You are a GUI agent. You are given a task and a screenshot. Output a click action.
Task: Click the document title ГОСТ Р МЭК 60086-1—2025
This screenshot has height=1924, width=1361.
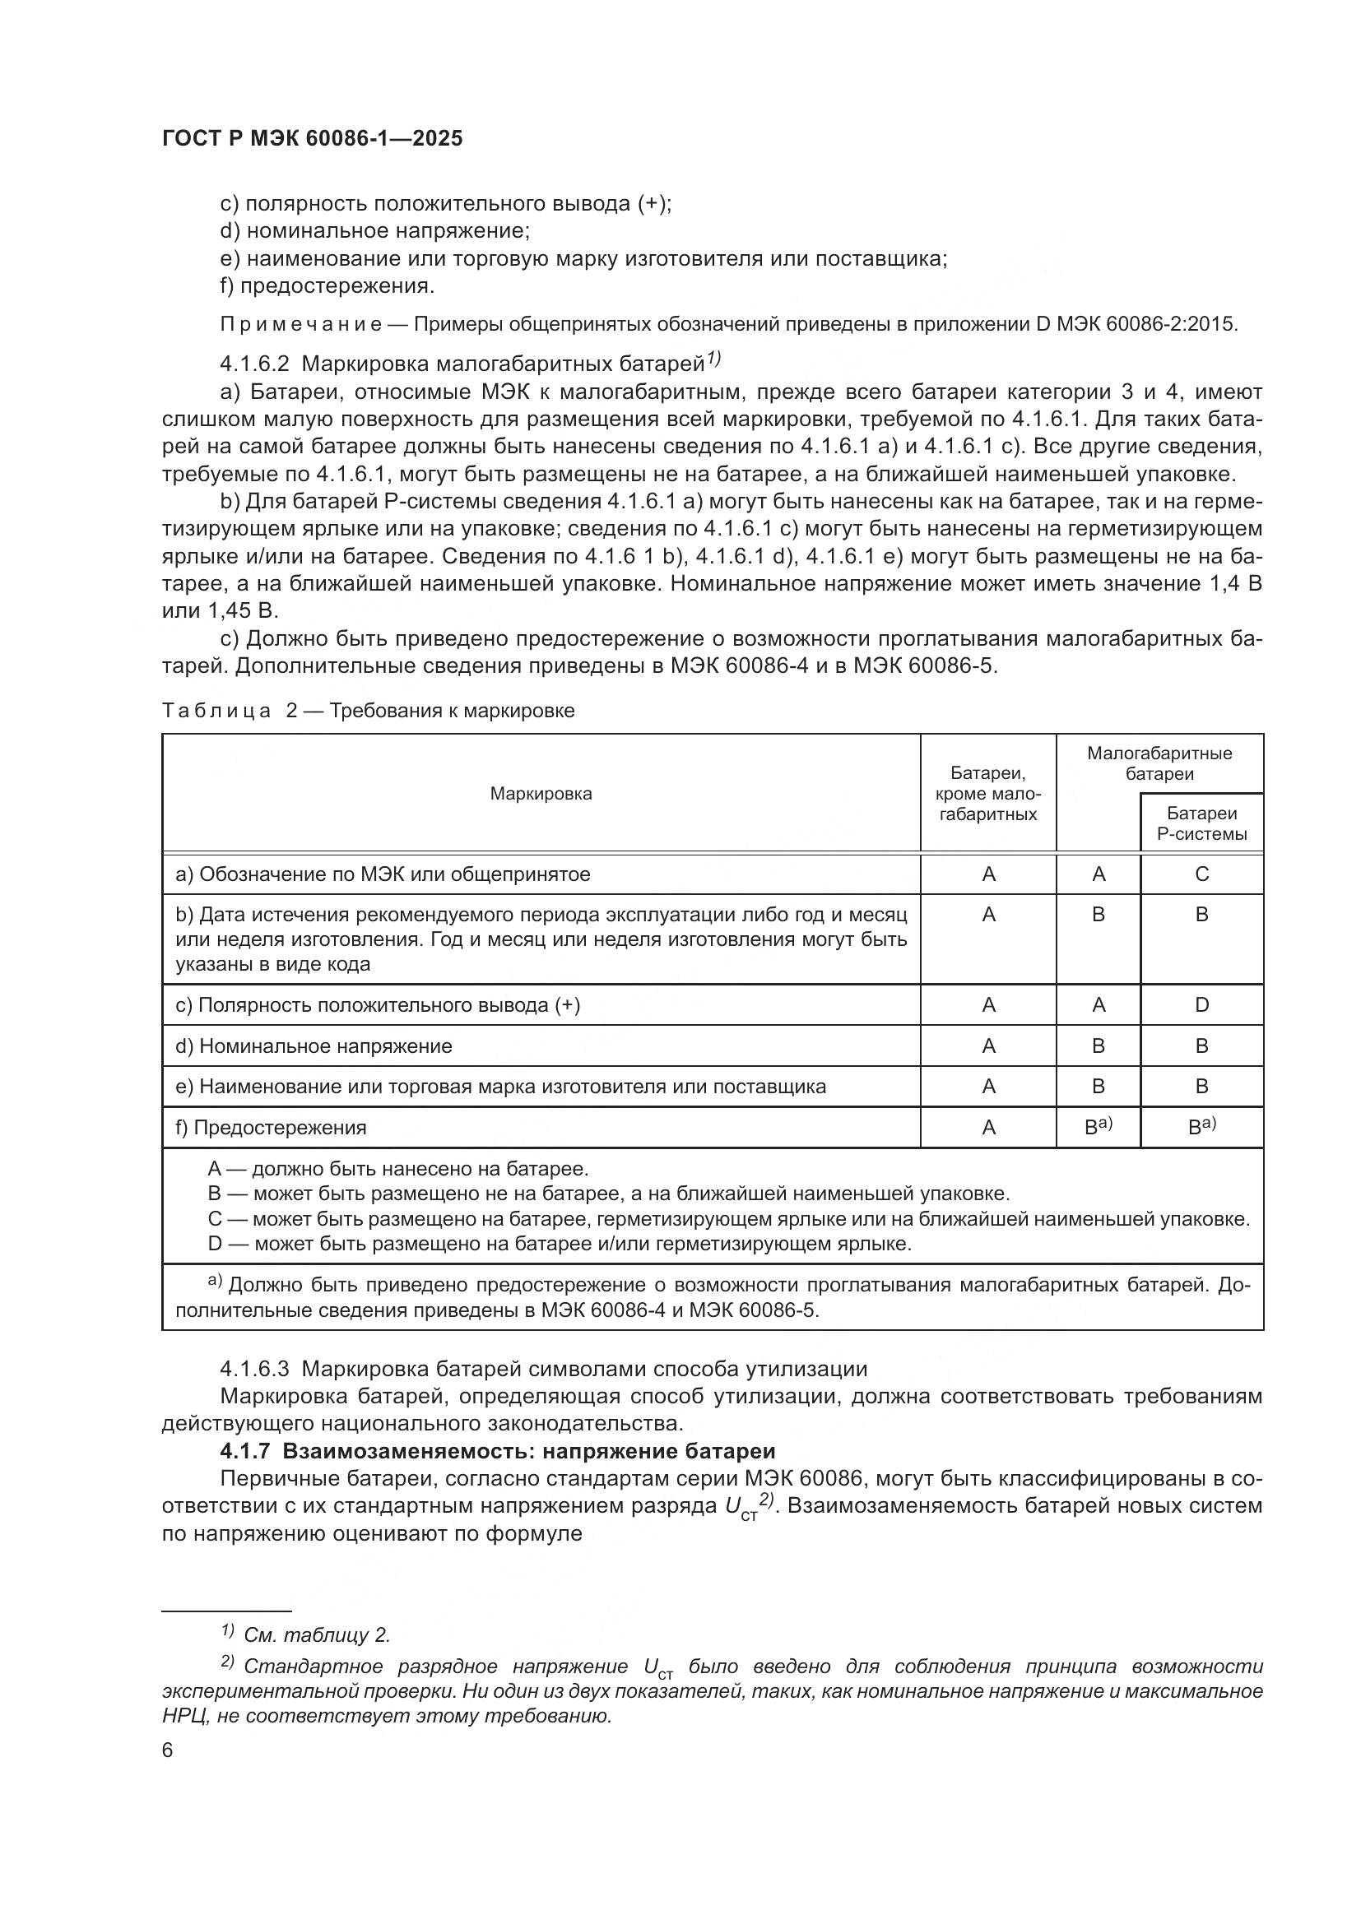[312, 139]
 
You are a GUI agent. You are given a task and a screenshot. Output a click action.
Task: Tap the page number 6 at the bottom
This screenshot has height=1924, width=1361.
[168, 1750]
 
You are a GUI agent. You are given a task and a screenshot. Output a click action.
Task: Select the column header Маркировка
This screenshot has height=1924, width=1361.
[541, 794]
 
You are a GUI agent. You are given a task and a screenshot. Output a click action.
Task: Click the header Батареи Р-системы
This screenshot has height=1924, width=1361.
[1201, 823]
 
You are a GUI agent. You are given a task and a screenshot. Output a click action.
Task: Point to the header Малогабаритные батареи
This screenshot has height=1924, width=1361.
[1159, 763]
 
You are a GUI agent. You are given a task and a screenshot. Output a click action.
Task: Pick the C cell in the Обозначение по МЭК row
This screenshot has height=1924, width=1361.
[1201, 874]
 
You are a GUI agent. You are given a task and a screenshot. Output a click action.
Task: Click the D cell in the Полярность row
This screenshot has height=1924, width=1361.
[1201, 1004]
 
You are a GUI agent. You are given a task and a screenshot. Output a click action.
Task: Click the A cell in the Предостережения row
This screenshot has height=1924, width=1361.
[988, 1127]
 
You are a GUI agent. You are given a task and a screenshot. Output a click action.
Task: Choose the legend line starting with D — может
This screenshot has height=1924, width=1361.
[559, 1244]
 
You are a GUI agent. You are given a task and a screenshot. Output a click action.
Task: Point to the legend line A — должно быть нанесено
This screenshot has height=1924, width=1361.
[398, 1168]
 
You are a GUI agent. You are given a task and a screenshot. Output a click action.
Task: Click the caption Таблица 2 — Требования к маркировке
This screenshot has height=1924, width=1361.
[368, 711]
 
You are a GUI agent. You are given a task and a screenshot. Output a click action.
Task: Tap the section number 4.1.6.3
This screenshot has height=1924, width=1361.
[255, 1370]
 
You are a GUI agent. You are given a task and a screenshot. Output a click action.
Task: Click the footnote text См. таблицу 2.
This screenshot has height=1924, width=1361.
[317, 1635]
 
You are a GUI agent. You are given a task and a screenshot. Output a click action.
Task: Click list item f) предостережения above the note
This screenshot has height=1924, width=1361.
[327, 285]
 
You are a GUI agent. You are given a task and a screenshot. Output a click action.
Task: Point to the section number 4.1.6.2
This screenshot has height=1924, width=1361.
[255, 364]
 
